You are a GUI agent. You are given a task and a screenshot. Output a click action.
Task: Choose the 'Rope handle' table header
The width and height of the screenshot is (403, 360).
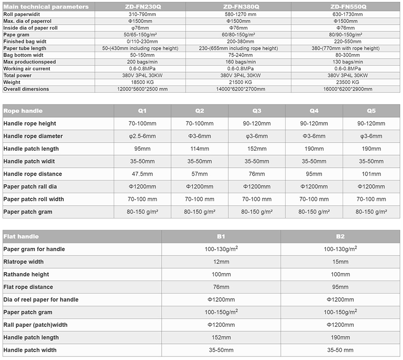click(23, 111)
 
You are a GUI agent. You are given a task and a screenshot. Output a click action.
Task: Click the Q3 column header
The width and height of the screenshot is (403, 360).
click(257, 111)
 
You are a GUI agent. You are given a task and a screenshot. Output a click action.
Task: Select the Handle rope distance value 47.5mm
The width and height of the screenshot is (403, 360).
click(142, 174)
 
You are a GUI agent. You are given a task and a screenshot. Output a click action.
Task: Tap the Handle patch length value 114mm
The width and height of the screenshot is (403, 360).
click(199, 149)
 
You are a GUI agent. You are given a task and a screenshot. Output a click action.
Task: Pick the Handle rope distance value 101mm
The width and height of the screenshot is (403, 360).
click(371, 174)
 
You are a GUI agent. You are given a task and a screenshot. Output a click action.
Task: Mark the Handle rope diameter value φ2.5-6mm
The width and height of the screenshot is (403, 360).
click(142, 136)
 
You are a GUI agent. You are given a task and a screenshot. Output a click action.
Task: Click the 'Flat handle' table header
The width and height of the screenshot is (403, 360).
click(21, 236)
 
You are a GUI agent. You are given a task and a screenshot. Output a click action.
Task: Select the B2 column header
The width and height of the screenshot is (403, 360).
click(340, 236)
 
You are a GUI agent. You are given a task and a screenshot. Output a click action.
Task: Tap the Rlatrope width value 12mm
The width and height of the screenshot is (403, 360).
click(221, 262)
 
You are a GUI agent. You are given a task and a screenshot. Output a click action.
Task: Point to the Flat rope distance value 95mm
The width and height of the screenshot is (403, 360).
click(340, 287)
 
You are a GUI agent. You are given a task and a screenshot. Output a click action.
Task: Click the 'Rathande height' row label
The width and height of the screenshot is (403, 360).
click(26, 274)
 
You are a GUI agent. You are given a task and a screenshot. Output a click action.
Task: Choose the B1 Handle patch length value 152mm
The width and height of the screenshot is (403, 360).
click(221, 337)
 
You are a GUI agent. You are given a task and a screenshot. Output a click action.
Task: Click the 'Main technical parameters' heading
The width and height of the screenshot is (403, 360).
click(46, 7)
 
